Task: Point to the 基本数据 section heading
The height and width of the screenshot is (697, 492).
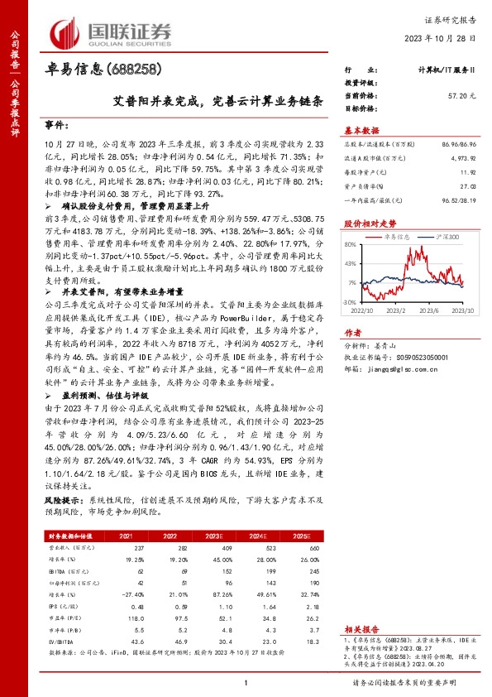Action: click(x=361, y=130)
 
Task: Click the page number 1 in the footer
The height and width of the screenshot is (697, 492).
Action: click(x=246, y=682)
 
